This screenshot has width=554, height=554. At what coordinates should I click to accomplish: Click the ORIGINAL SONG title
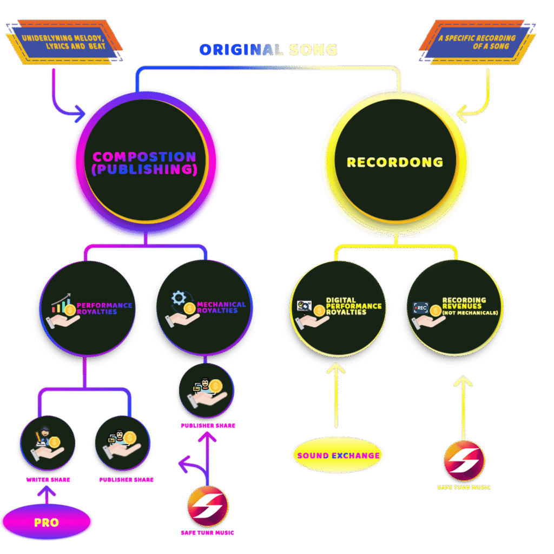pos(268,50)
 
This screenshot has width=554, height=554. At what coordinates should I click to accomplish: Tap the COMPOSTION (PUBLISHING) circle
pos(144,163)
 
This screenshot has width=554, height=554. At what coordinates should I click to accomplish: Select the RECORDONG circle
pos(395,162)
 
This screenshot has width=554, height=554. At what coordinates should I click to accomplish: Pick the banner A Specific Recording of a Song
pos(476,42)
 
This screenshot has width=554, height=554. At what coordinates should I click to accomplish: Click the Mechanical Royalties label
pos(221,307)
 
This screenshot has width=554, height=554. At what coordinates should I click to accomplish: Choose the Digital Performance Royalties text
pos(353,306)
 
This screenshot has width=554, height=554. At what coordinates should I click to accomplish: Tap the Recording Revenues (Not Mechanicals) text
pos(470,306)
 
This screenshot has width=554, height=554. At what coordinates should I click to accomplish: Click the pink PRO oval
pos(46,523)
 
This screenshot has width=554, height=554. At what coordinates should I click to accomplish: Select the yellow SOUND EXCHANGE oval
pos(338,456)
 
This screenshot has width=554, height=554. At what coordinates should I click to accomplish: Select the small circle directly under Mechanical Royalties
pos(206,391)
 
